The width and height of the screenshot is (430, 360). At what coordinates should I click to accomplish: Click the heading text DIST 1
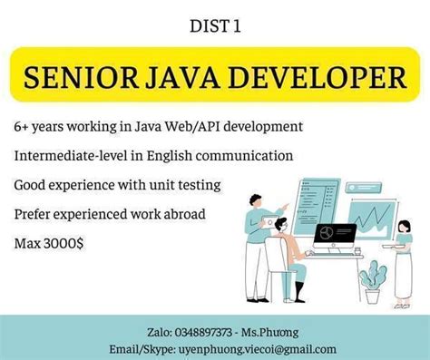pos(215,28)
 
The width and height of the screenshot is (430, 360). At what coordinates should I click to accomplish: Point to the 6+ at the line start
pos(24,126)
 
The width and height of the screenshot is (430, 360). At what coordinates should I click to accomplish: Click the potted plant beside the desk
pos(370,283)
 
